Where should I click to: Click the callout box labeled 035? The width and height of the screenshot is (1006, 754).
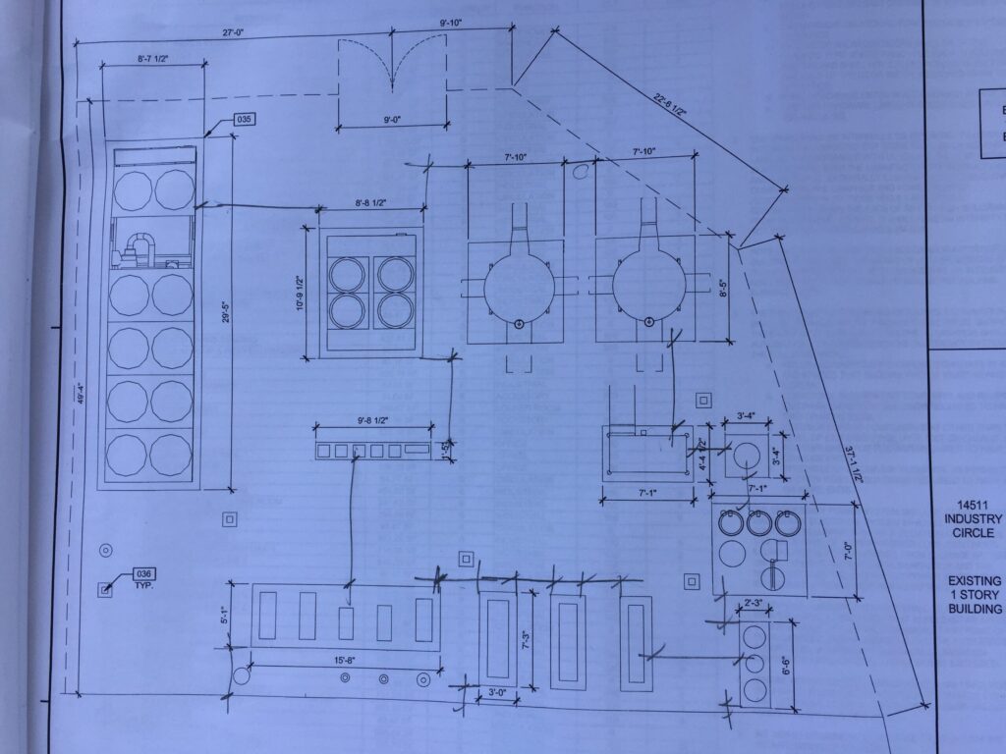point(245,121)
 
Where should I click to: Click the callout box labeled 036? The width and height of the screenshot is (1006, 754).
point(144,573)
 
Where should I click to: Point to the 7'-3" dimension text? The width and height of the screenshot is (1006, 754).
point(526,638)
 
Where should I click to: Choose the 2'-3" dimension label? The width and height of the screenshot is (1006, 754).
point(753,603)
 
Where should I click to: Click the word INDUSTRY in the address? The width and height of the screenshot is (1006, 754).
point(974,518)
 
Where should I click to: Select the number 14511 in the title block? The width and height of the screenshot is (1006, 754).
point(974,504)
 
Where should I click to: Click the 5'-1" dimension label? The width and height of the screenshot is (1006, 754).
point(225,618)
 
